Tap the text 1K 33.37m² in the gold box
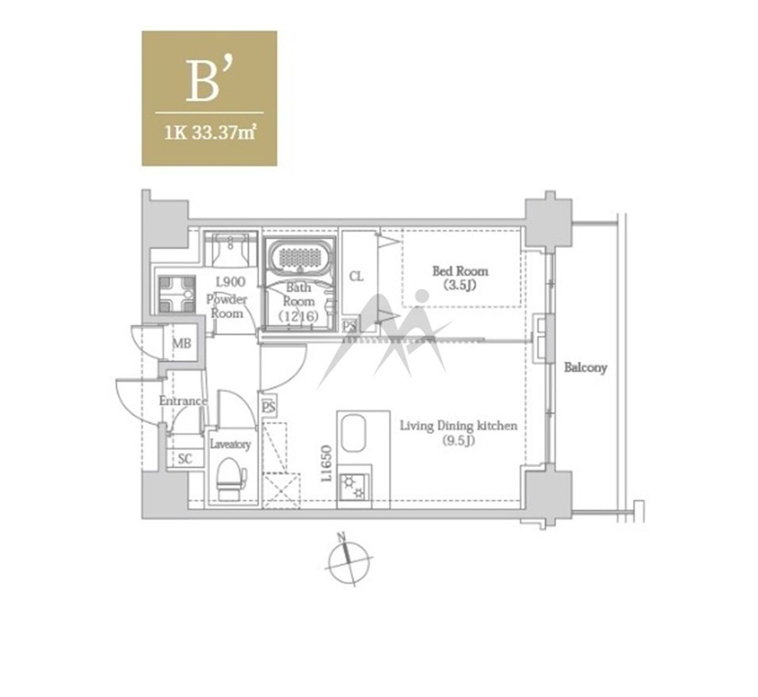(x=210, y=133)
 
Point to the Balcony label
(x=585, y=368)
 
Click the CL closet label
(x=356, y=277)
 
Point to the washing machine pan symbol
(x=177, y=295)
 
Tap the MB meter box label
(x=182, y=343)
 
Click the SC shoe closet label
(x=185, y=459)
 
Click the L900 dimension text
(x=230, y=282)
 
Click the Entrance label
(x=183, y=401)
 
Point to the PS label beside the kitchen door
(x=268, y=407)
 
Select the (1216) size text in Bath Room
(x=298, y=316)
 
